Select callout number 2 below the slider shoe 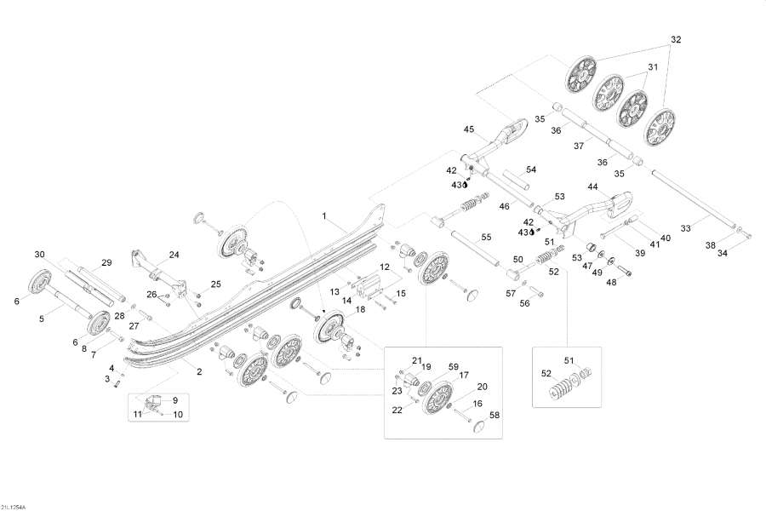tap(200, 372)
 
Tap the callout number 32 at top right tap(676, 39)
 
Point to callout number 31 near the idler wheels tap(653, 66)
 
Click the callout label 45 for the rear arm tap(468, 129)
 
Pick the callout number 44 tap(592, 187)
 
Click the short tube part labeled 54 tap(516, 182)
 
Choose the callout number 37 tap(578, 146)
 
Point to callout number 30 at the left tap(39, 255)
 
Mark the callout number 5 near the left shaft tap(40, 319)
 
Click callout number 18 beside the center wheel tap(361, 309)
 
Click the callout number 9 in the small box tap(175, 399)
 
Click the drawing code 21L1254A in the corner tap(14, 505)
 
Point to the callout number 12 tap(385, 267)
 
